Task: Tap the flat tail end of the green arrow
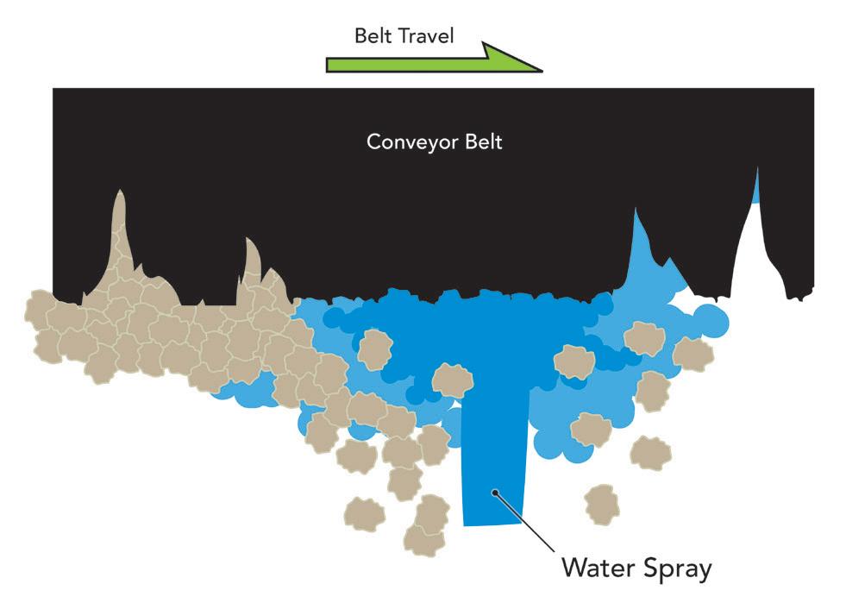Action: tap(329, 65)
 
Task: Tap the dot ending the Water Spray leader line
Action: tap(494, 493)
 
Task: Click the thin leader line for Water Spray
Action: tap(526, 522)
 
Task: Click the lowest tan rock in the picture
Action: tap(423, 539)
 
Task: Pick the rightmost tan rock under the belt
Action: tap(692, 354)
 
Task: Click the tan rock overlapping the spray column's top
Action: tap(453, 380)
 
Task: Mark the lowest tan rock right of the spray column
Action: tap(602, 503)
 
